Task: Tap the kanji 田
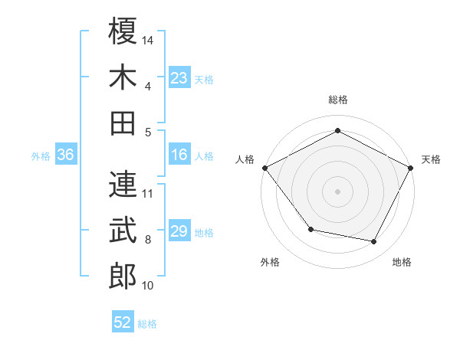(x=123, y=122)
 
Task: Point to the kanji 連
(x=123, y=184)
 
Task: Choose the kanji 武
(x=123, y=231)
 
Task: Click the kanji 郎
(x=123, y=277)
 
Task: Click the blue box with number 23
(x=179, y=77)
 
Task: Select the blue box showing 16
(x=179, y=155)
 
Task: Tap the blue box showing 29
(x=179, y=232)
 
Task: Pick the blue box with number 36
(x=65, y=155)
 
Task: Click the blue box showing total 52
(x=123, y=322)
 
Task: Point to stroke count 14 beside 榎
(x=149, y=39)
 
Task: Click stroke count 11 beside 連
(x=149, y=193)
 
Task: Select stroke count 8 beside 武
(x=148, y=240)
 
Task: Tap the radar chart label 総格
(x=338, y=100)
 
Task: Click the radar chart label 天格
(x=431, y=159)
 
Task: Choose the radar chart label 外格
(x=270, y=262)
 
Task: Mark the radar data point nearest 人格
(x=264, y=168)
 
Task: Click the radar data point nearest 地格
(x=374, y=242)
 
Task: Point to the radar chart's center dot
(x=338, y=191)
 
